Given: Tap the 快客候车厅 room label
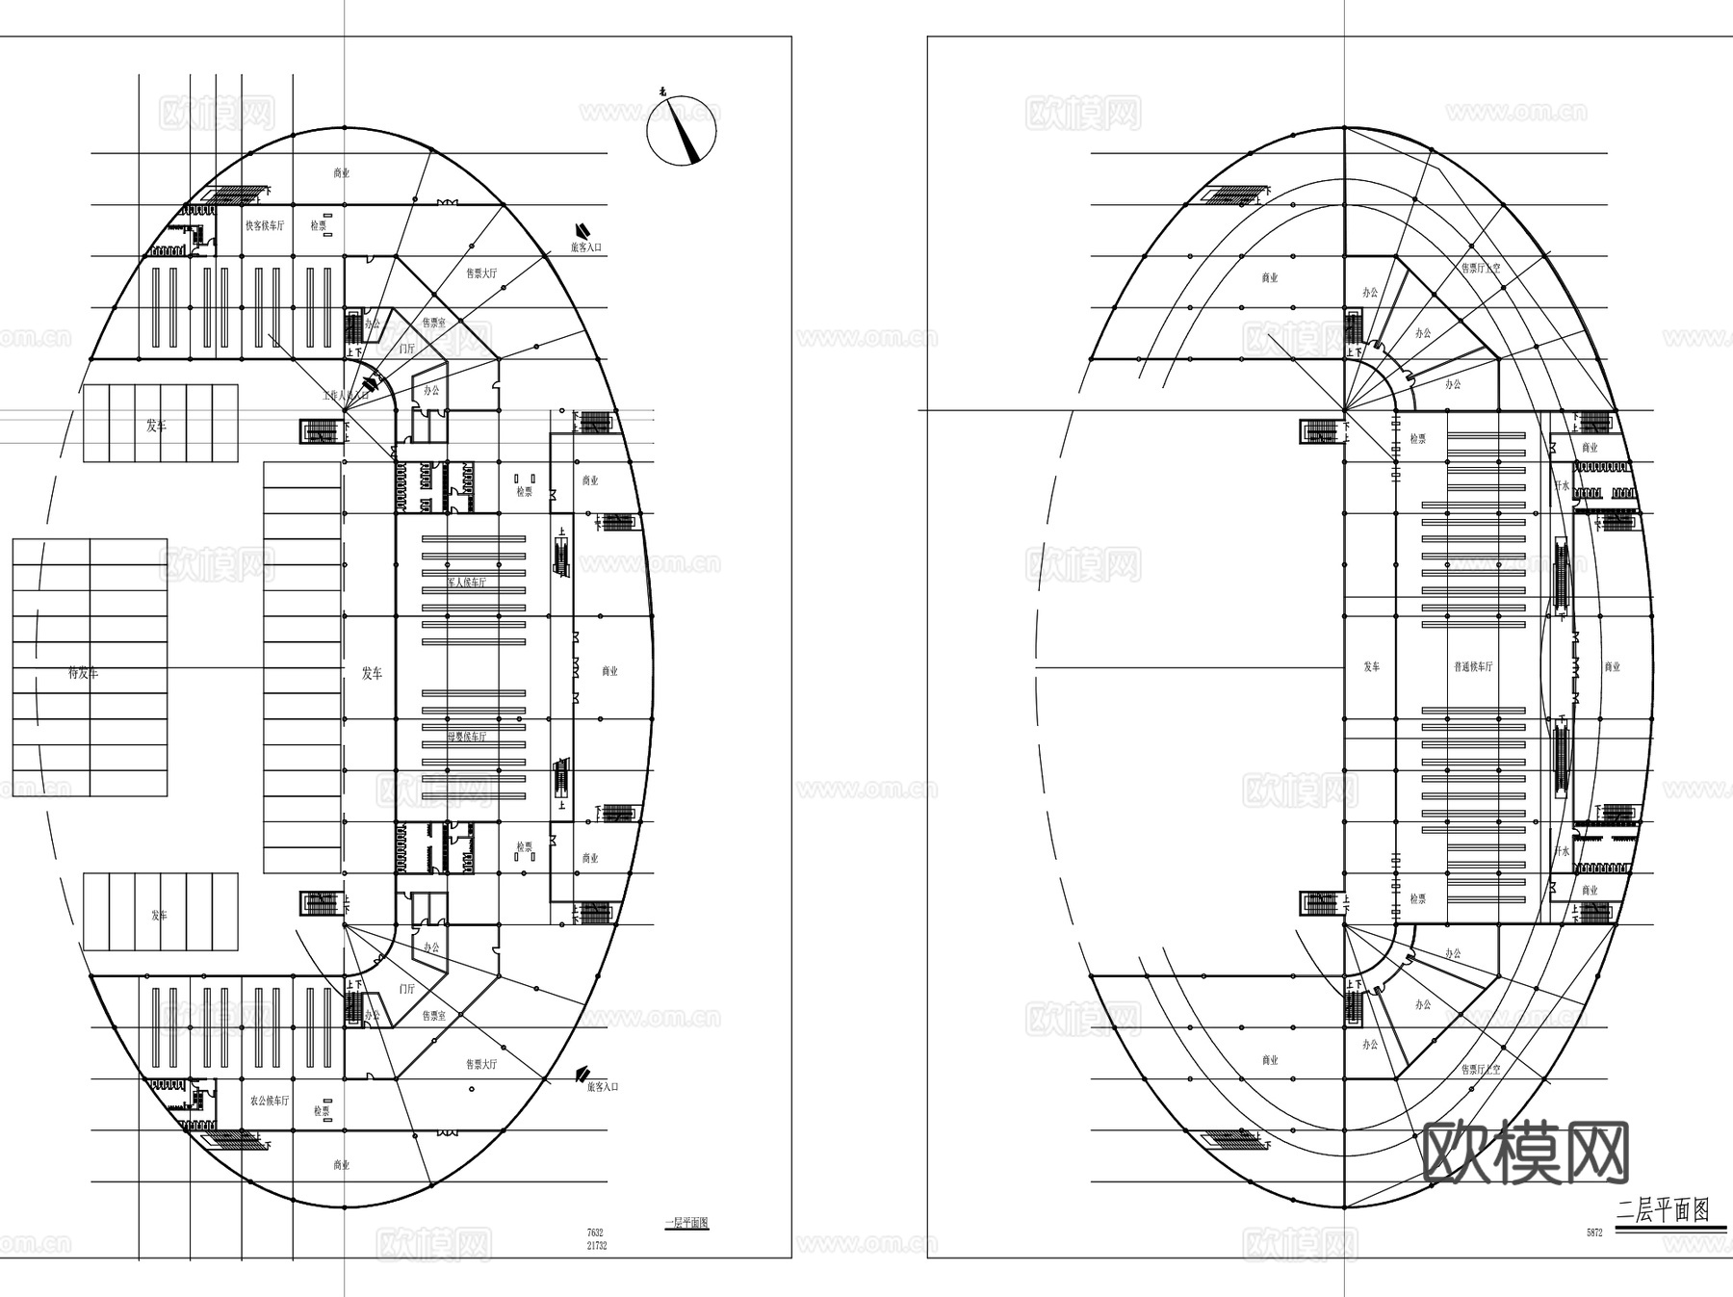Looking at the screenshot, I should click(x=265, y=225).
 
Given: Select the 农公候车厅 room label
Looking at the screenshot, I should click(x=269, y=1101).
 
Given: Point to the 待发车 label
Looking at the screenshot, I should click(x=83, y=673).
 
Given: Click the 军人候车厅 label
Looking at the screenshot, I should click(x=467, y=583).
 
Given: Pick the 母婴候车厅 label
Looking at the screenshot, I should click(x=467, y=737).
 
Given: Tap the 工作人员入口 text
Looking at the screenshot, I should click(x=346, y=396).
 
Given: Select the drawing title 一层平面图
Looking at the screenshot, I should click(x=686, y=1224).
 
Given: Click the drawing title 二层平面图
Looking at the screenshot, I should click(x=1663, y=1211).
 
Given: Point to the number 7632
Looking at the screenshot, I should click(x=595, y=1232).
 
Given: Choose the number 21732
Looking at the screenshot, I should click(x=597, y=1246).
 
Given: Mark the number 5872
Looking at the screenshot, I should click(x=1594, y=1232).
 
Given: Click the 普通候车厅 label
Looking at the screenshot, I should click(x=1473, y=666).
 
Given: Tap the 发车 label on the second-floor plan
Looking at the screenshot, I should click(x=1372, y=666).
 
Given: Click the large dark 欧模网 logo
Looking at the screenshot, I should click(x=1525, y=1153).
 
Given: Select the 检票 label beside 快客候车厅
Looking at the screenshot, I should click(x=318, y=225).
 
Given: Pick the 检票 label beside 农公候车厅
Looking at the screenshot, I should click(x=322, y=1111).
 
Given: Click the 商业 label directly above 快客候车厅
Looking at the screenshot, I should click(x=342, y=173).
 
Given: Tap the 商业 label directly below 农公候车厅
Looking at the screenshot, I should click(x=342, y=1165).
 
